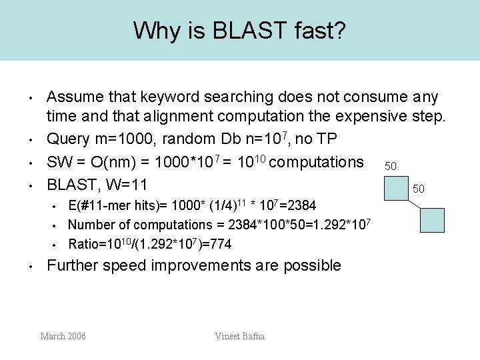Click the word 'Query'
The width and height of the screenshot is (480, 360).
tap(68, 140)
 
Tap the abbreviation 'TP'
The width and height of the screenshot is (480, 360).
tap(332, 140)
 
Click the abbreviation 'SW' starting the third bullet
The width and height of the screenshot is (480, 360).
tap(59, 162)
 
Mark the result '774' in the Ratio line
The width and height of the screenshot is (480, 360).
tap(221, 245)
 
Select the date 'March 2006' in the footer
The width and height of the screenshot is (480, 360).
tap(63, 336)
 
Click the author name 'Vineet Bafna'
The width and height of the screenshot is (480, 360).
tap(239, 336)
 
